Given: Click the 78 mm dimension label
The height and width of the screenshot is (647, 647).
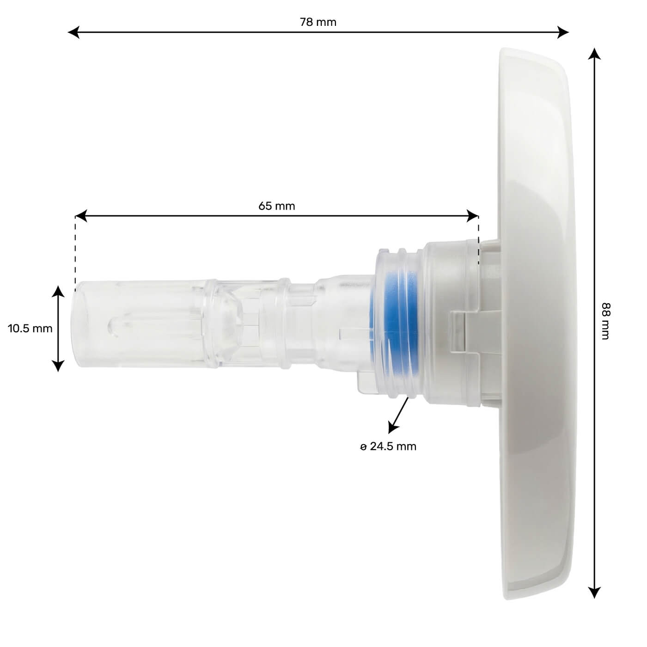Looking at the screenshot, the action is click(x=317, y=22).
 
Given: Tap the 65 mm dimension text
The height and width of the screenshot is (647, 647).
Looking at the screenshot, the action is click(x=276, y=206).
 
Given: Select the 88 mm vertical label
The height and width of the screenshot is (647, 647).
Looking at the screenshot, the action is click(x=605, y=321).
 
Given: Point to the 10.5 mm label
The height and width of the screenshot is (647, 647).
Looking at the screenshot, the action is click(x=30, y=329).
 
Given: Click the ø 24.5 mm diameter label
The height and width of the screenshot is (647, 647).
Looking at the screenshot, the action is click(x=388, y=446).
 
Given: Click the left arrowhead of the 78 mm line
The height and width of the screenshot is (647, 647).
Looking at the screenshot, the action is click(x=73, y=32).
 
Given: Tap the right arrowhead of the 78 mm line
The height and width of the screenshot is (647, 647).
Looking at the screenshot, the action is click(x=563, y=32).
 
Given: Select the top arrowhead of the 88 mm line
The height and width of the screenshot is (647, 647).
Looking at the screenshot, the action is click(x=594, y=54).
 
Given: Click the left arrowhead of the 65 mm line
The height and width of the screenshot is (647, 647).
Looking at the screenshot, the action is click(x=81, y=216).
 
